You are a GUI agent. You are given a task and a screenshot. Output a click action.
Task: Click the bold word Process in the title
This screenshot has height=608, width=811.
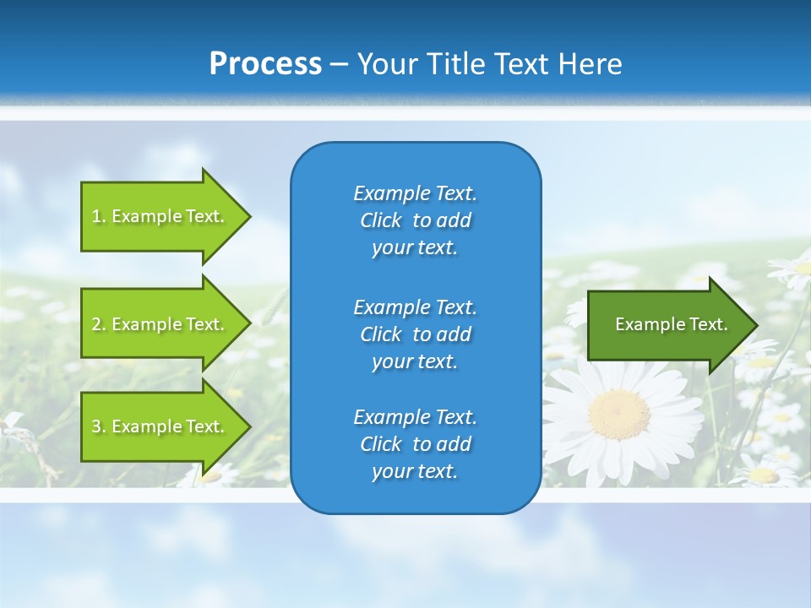tap(265, 64)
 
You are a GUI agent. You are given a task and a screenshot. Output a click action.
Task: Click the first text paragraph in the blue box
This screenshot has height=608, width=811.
tap(415, 220)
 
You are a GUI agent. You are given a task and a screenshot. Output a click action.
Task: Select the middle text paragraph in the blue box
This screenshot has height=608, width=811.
tap(415, 334)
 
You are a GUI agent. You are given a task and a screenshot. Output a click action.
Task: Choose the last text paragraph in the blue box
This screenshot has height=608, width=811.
tap(415, 444)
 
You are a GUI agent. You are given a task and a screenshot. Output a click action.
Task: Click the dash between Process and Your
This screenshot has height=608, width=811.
tap(340, 64)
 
